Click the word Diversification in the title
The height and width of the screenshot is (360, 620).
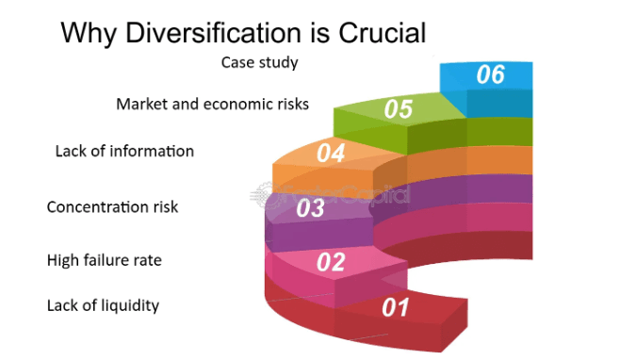tap(214, 32)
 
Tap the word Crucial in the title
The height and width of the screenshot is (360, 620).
tap(383, 32)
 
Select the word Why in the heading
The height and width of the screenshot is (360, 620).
tap(89, 34)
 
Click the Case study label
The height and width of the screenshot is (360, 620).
tap(260, 62)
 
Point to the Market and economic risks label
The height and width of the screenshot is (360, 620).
tap(212, 104)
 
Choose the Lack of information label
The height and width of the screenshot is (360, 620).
tap(124, 151)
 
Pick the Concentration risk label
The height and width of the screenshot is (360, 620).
tap(112, 207)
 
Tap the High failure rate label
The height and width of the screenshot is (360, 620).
tap(105, 260)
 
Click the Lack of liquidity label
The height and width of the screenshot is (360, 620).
tap(103, 305)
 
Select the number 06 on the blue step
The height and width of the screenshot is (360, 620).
tap(491, 74)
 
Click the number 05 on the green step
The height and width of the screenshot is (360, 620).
tap(399, 108)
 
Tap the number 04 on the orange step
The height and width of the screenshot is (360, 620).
tap(331, 153)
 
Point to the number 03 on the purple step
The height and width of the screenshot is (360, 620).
tap(310, 207)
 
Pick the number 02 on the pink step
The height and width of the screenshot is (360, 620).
tap(331, 261)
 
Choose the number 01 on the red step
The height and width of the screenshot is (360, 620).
tap(396, 307)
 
